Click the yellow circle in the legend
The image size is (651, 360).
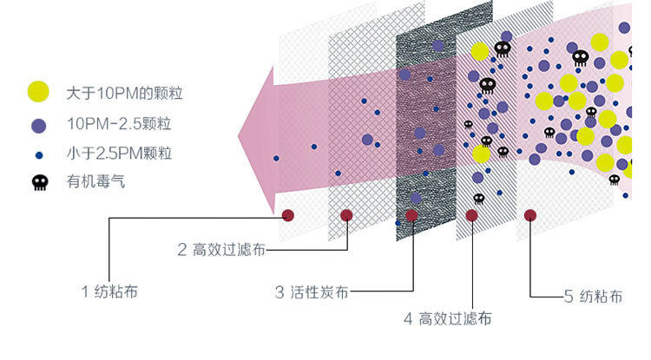coord(39,91)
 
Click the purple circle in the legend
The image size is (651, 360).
coord(39,125)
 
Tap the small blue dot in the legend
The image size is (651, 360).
coord(39,154)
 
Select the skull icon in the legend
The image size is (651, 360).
coord(39,183)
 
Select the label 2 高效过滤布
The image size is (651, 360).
coord(221,250)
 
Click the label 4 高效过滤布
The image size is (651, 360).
coord(447,318)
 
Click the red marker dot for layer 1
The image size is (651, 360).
coord(288,215)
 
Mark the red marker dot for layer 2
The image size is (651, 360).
coord(346,215)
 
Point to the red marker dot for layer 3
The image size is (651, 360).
coord(412,215)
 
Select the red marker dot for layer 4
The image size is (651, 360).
coord(471,215)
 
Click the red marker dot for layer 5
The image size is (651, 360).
coord(530,215)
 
